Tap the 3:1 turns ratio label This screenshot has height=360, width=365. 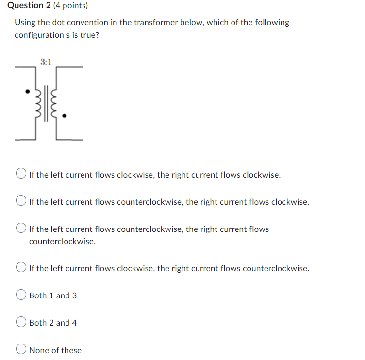pos(46,62)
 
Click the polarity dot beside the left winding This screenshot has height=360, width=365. pos(28,91)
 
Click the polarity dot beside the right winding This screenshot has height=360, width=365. pos(65,116)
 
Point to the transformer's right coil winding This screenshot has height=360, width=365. pos(54,103)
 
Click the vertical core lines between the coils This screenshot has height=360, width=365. pos(45,103)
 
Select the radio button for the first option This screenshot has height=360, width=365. pos(21,175)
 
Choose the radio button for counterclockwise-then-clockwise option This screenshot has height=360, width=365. pos(21,202)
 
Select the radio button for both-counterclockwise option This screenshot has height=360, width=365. pos(21,229)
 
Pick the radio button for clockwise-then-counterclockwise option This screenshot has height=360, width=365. pos(21,268)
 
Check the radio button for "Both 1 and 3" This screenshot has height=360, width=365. pos(21,295)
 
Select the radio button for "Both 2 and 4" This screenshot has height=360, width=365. pos(21,323)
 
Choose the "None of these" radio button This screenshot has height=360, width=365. pos(21,350)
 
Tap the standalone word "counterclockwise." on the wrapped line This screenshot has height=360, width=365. pos(62,241)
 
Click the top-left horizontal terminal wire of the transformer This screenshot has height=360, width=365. pos(24,67)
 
